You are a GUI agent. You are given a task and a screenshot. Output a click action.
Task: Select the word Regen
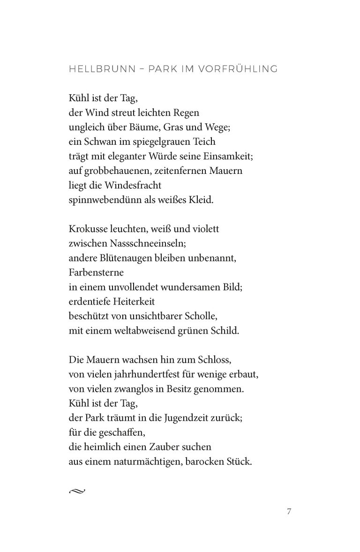(x=187, y=112)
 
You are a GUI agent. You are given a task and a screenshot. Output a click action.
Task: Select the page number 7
(x=289, y=511)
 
